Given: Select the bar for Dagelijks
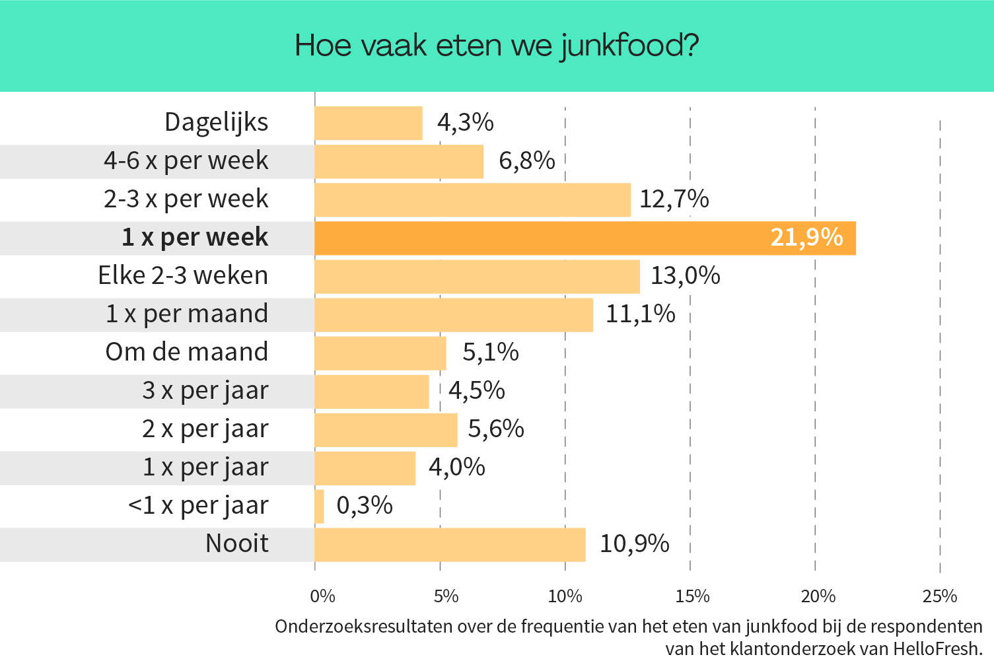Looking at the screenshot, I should pos(369,123).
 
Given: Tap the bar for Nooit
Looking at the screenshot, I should pos(450,545).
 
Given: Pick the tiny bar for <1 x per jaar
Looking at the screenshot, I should pos(320,506).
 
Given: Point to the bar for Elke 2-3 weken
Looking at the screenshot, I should pos(477,277).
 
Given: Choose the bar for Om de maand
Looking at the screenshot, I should pos(380,353).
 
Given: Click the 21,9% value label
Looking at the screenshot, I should pos(806,238).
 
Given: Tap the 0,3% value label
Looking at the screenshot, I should pos(365,506).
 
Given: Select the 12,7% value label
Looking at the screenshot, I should pos(674,199).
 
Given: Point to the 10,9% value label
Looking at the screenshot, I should pos(634,544).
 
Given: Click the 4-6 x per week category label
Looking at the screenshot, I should pos(186,161).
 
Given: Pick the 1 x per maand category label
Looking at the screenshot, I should pos(187,314).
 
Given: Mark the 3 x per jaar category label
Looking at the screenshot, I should pos(205,391).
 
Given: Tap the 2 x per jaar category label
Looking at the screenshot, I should pos(205,429).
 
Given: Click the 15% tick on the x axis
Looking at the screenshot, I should pos(692,596).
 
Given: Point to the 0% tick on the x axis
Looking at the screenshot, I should pos(322,596).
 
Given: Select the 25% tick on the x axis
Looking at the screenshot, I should pos(939,596).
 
